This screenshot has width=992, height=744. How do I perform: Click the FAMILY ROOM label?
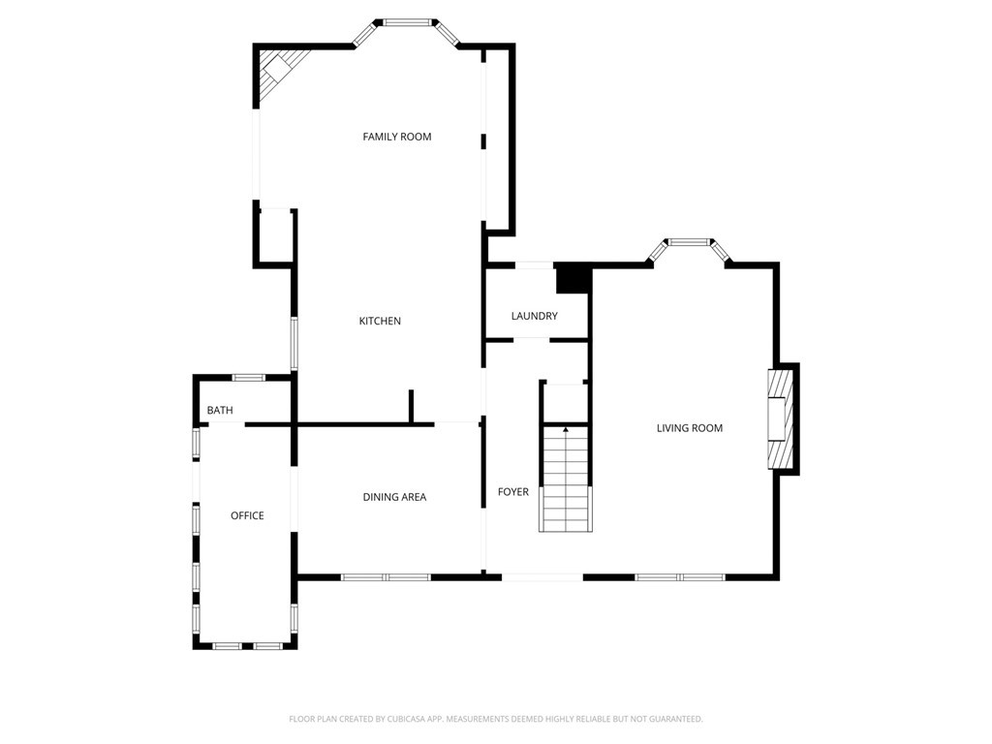pyautogui.click(x=396, y=137)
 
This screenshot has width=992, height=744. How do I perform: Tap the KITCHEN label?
pyautogui.click(x=380, y=321)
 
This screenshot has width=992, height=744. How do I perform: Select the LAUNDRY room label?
pyautogui.click(x=534, y=316)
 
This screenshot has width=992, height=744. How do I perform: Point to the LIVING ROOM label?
pyautogui.click(x=689, y=428)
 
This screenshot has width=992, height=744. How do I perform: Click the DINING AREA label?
pyautogui.click(x=394, y=497)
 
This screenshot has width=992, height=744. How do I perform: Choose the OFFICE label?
pyautogui.click(x=247, y=515)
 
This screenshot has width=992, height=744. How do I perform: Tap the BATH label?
pyautogui.click(x=220, y=411)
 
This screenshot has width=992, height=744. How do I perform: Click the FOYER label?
pyautogui.click(x=512, y=491)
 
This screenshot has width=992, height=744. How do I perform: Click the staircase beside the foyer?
pyautogui.click(x=566, y=478)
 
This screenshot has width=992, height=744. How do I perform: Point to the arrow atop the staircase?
pyautogui.click(x=566, y=430)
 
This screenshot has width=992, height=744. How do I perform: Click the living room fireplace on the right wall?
pyautogui.click(x=780, y=418)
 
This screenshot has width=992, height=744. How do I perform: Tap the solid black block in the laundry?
pyautogui.click(x=573, y=278)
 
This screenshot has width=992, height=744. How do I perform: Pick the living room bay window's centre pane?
pyautogui.click(x=689, y=241)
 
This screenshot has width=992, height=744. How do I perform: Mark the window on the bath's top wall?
pyautogui.click(x=248, y=378)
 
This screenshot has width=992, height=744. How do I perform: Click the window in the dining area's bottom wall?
pyautogui.click(x=386, y=577)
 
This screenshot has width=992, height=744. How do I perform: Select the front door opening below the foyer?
pyautogui.click(x=542, y=577)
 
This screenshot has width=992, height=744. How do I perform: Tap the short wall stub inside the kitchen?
pyautogui.click(x=411, y=406)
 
